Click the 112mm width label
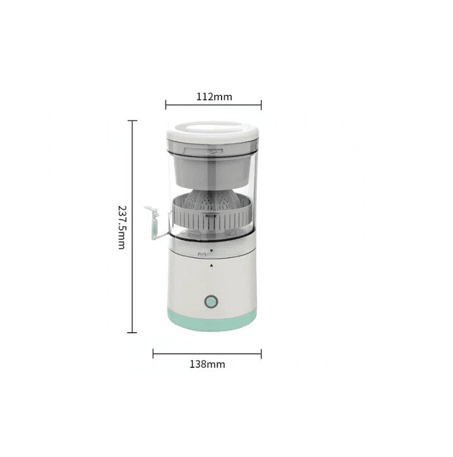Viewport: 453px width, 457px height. coord(214,97)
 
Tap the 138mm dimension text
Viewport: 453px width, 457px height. coord(207,365)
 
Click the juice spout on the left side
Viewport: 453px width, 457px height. coord(153,221)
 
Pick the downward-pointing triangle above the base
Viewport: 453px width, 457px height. coord(212,250)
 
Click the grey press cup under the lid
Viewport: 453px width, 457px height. coord(213,167)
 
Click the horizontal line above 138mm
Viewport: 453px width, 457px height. coord(207,354)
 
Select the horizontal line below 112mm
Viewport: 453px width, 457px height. coord(213,104)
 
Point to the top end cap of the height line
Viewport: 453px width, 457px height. coord(133,120)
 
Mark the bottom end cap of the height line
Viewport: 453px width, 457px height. coord(133,333)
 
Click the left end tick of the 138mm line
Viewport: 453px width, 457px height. coord(153,354)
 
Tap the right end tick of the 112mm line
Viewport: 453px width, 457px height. coord(261,104)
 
